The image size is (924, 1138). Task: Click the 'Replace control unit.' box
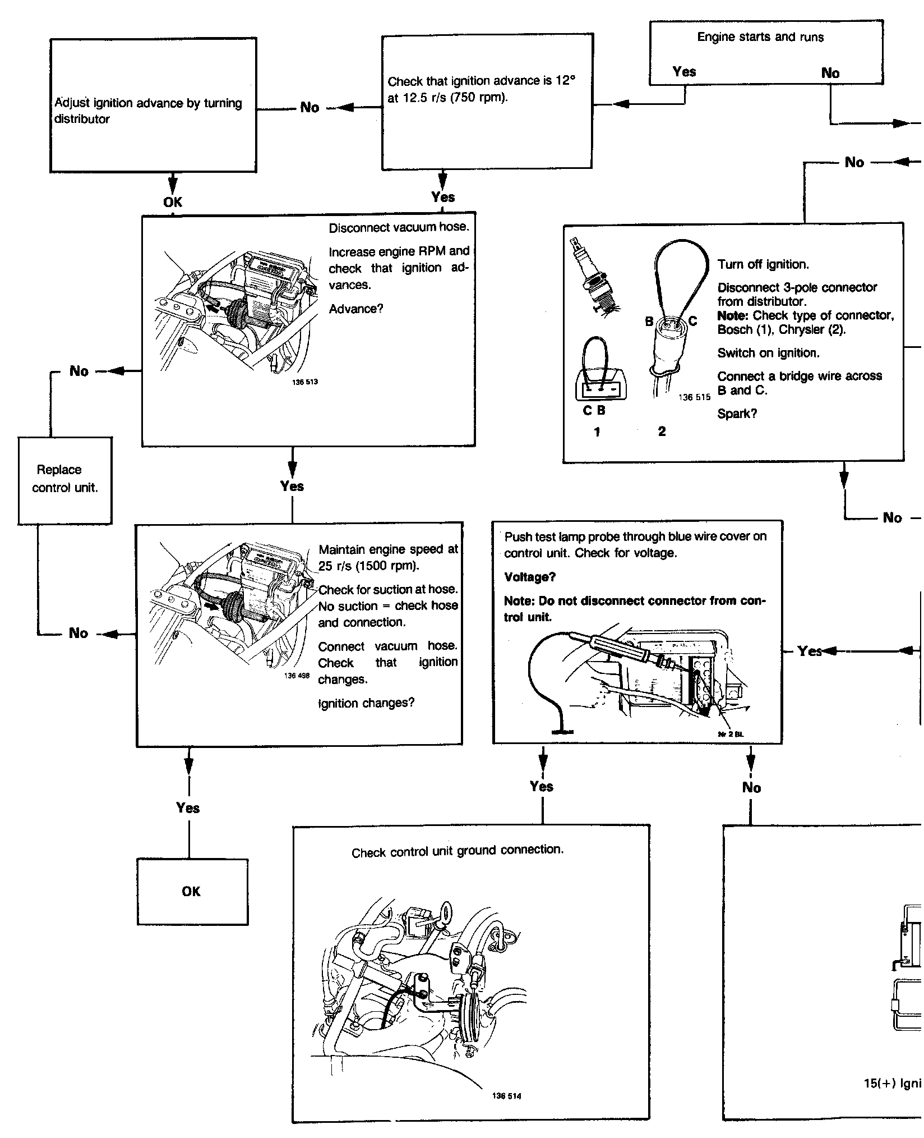[x=64, y=480]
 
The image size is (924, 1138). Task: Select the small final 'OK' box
[x=192, y=891]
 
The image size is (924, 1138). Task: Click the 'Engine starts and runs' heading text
[x=760, y=37]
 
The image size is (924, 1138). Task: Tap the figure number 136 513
[x=304, y=382]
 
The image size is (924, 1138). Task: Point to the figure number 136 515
[x=694, y=397]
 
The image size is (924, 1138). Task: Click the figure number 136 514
[x=506, y=1095]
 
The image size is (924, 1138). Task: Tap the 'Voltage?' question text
[x=530, y=577]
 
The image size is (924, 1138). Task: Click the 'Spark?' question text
[x=737, y=414]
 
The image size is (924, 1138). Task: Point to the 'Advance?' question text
[x=356, y=309]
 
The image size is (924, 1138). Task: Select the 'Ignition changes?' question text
[x=366, y=703]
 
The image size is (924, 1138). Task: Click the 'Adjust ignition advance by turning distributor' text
[x=148, y=111]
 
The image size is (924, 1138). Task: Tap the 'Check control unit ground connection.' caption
[x=458, y=851]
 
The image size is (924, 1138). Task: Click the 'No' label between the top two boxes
[x=309, y=107]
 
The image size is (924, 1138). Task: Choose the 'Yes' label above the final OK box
[x=188, y=807]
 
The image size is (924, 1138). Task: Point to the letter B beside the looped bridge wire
[x=649, y=322]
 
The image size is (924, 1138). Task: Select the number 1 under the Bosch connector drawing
[x=597, y=432]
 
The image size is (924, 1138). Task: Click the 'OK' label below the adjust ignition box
[x=173, y=202]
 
